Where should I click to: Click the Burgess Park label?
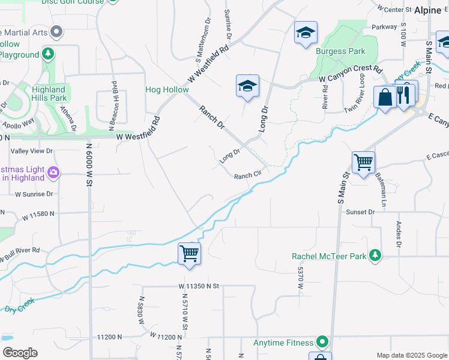tap(340, 52)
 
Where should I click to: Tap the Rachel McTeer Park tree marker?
tap(375, 256)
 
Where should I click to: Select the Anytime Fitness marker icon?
tap(323, 343)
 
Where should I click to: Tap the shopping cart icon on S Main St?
tap(363, 161)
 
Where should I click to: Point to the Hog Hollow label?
tap(167, 90)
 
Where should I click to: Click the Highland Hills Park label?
tap(50, 94)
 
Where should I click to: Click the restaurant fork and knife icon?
tap(403, 95)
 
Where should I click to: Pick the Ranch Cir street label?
tap(249, 176)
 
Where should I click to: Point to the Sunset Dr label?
tap(360, 212)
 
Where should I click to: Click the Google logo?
tap(20, 353)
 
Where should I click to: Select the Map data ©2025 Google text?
tap(411, 355)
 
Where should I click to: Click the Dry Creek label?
tap(20, 308)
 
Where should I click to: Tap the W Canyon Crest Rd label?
tap(350, 74)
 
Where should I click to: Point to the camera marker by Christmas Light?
tap(53, 173)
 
